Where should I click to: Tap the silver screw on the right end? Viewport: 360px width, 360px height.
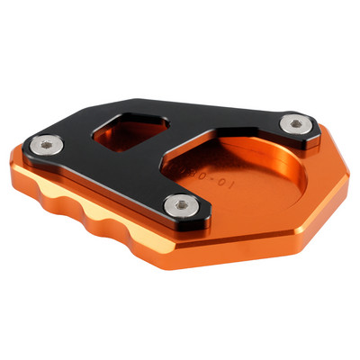coord(296,123)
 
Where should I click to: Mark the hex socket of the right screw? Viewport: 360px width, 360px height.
coord(296,123)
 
